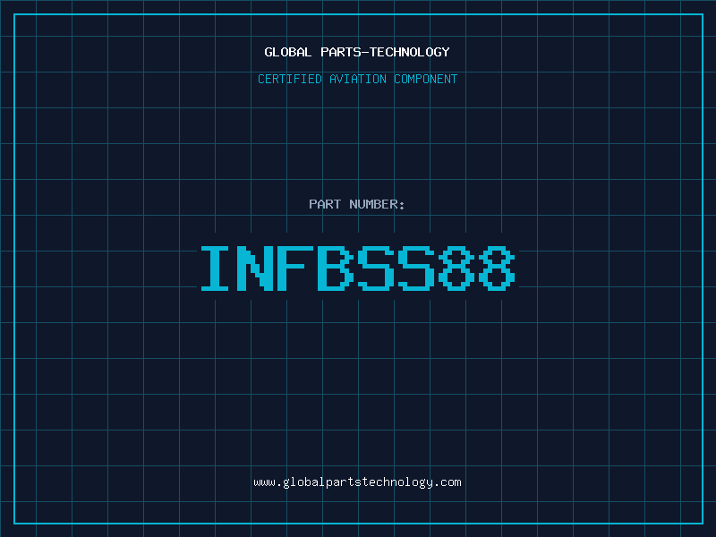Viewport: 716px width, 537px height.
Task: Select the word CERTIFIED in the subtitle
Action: (288, 79)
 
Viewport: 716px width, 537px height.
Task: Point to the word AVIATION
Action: (356, 79)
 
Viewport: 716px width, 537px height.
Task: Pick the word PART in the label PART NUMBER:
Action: (325, 204)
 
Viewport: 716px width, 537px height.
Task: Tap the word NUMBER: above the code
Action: (377, 204)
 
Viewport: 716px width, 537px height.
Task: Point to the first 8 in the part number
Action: (456, 268)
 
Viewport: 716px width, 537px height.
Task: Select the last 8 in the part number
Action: (497, 268)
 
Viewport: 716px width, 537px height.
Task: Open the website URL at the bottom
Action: (358, 482)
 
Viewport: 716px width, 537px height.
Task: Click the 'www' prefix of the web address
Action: (264, 482)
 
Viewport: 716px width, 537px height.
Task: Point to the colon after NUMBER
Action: (403, 205)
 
